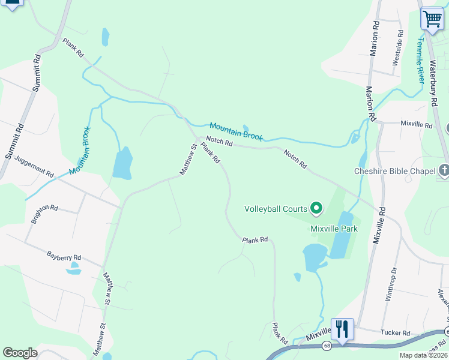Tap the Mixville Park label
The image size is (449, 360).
pos(334,229)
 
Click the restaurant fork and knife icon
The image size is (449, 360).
pos(342,329)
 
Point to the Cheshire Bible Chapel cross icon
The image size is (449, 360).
pos(444,172)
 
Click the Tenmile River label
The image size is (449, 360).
pos(420,59)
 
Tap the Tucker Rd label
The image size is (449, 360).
pos(396,333)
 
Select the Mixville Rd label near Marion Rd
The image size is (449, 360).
pos(417,125)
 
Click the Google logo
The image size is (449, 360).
pos(20,353)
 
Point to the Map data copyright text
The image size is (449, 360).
pos(423,355)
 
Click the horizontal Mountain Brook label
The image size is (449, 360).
pos(236,131)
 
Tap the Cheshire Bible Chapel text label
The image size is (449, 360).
pos(394,172)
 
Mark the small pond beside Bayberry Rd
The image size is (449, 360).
pos(73,270)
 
